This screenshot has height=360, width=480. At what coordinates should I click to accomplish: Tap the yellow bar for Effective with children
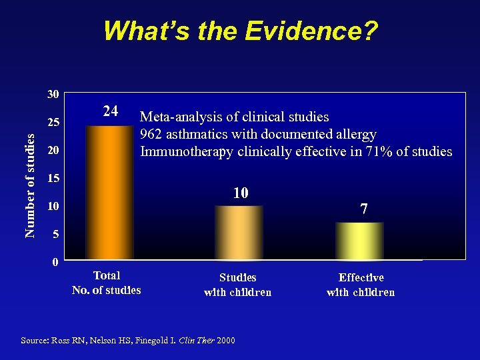(359, 241)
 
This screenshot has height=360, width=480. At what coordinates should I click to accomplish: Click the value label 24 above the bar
(111, 111)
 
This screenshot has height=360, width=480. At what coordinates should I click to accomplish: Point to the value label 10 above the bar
(241, 193)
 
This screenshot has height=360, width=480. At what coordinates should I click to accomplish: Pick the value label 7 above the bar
(363, 209)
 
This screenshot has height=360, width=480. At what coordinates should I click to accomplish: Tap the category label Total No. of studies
(107, 283)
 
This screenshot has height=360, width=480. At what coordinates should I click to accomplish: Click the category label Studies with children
(237, 285)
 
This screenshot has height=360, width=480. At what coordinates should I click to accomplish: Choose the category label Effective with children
(361, 285)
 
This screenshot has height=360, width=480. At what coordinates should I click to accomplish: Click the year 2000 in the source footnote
(226, 341)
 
